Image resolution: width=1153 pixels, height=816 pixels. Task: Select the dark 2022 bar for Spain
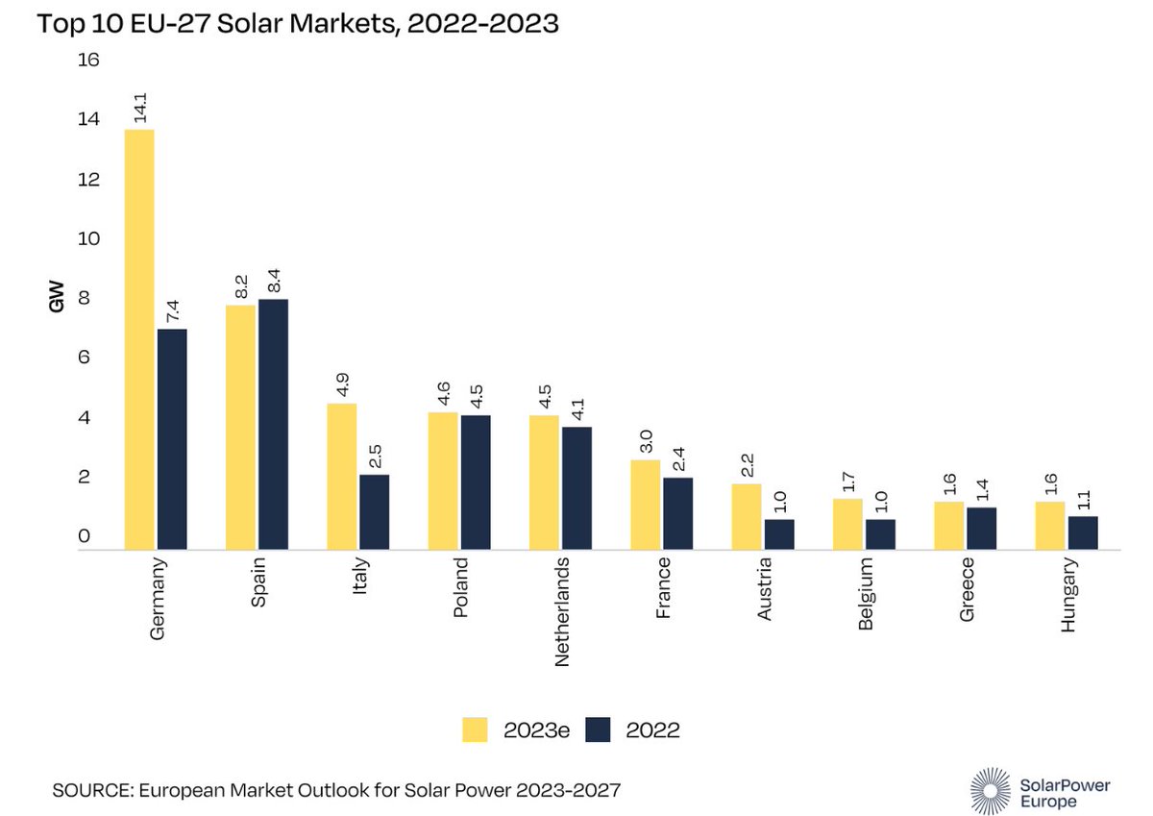[273, 424]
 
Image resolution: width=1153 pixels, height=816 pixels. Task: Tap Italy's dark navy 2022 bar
[374, 511]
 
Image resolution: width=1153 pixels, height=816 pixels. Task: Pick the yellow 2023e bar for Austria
[746, 516]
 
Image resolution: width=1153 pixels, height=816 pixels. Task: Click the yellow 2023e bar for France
[645, 505]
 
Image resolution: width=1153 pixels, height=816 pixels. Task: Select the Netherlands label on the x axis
[563, 610]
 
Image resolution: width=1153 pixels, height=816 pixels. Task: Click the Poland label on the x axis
[461, 588]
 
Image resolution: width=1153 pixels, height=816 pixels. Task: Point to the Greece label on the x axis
[967, 588]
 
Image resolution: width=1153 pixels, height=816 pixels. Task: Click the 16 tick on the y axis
[88, 61]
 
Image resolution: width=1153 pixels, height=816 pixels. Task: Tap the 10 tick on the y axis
[88, 239]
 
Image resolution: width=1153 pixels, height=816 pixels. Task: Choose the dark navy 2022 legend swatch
[598, 729]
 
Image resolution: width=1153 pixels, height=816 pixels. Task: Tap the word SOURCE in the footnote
[87, 790]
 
